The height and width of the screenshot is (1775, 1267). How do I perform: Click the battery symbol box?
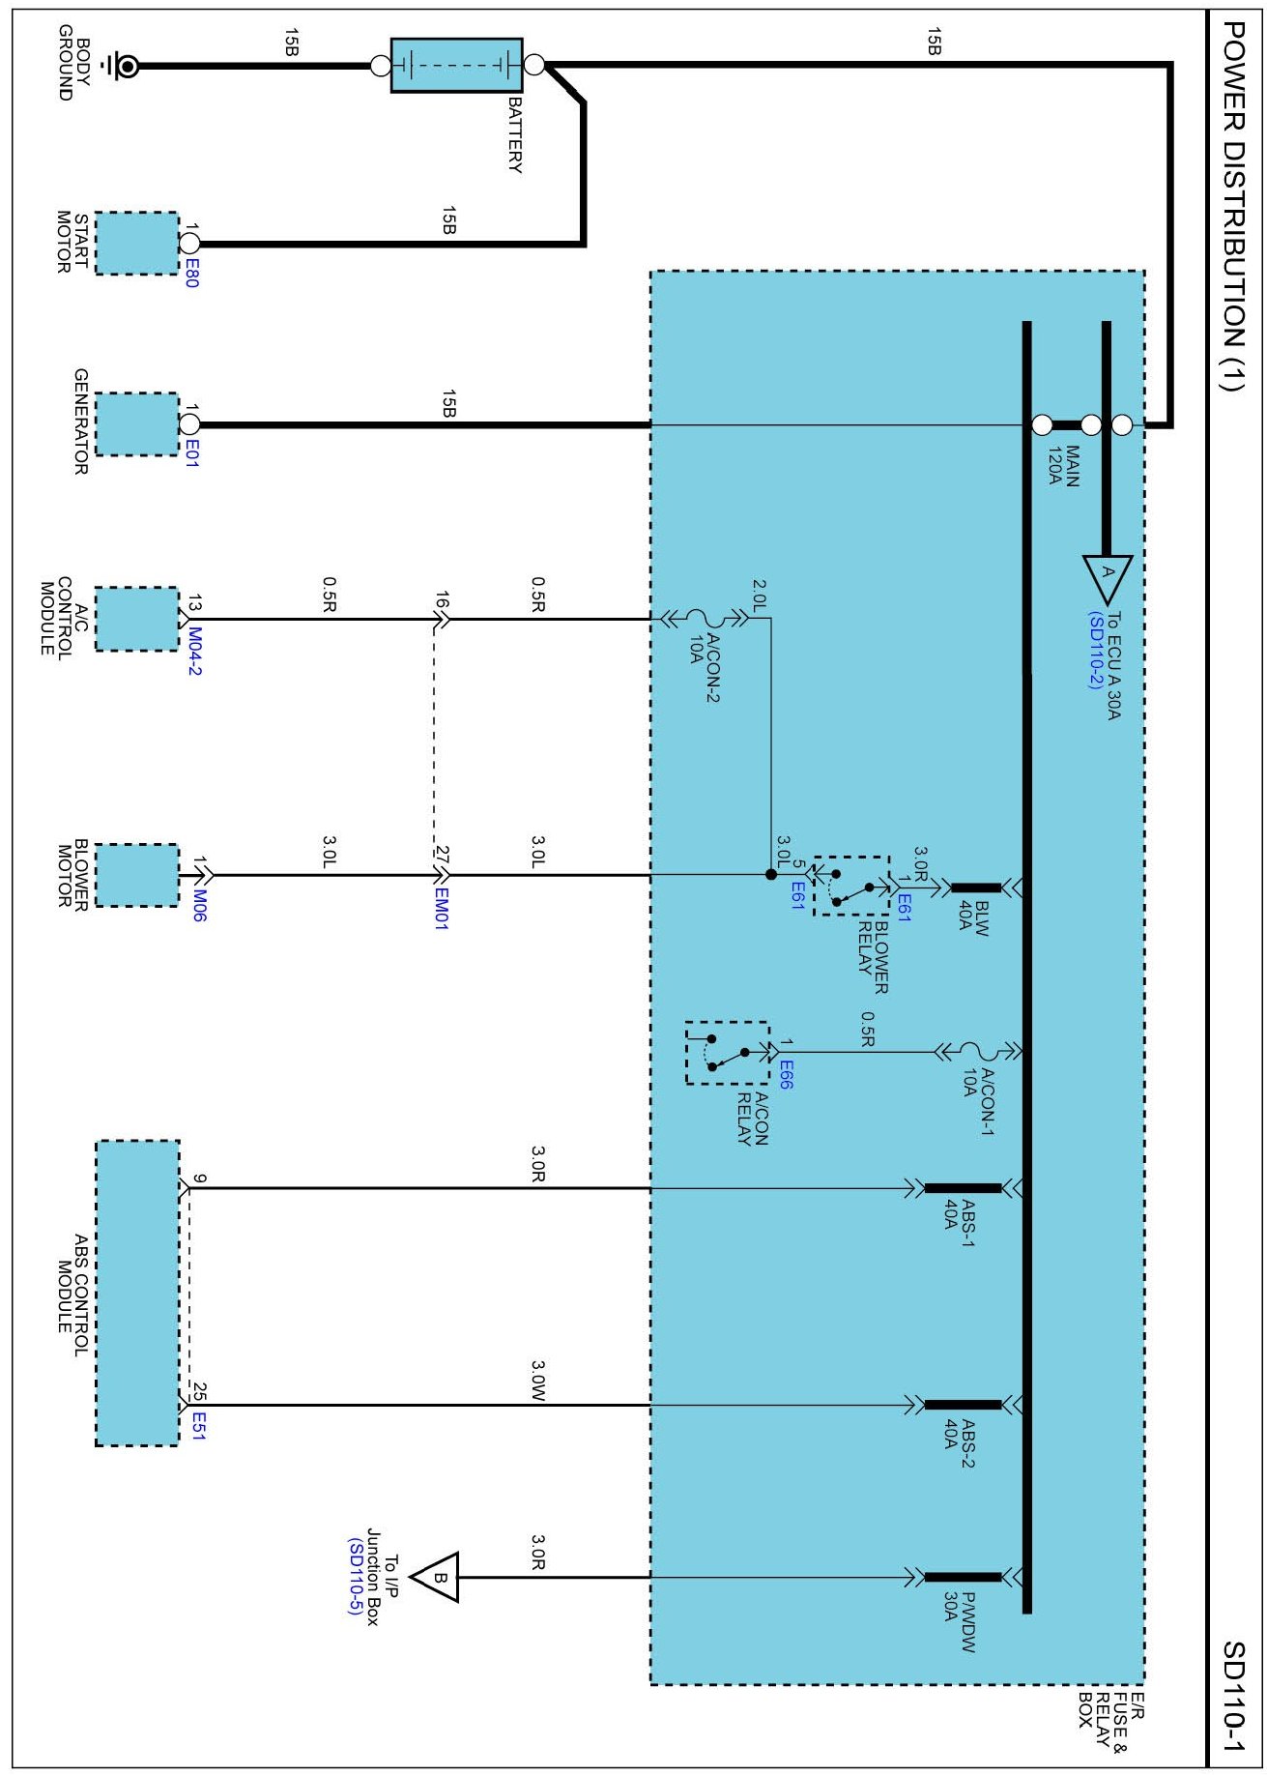(456, 66)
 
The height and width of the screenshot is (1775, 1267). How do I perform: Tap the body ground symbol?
(125, 66)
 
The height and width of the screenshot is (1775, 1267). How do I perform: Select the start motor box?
(136, 243)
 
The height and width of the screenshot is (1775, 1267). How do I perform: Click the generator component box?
(136, 423)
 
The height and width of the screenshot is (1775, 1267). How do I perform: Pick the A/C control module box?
(136, 619)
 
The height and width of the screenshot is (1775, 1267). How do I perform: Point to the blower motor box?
(136, 876)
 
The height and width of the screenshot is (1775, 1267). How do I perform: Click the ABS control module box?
(136, 1293)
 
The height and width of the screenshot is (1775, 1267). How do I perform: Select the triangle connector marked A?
(1107, 576)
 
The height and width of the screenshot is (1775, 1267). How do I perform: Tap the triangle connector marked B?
(437, 1578)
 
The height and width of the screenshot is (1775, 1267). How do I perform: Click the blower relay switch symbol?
(851, 887)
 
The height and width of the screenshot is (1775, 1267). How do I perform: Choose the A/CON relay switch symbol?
(727, 1053)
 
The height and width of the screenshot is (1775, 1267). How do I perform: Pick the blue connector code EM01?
(441, 909)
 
